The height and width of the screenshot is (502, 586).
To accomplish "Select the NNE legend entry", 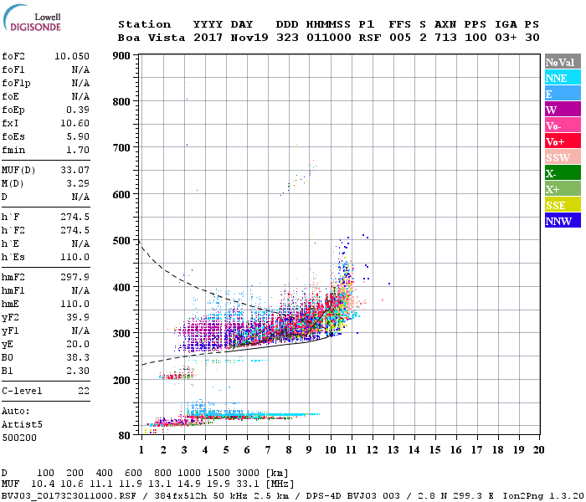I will [557, 78].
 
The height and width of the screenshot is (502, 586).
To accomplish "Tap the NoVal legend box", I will [561, 62].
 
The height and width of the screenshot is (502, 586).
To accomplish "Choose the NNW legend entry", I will [558, 221].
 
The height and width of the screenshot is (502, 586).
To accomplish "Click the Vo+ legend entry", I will [557, 141].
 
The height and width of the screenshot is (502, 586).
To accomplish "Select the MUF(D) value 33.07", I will [75, 171].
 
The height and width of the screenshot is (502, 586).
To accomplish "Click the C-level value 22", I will [83, 391].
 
